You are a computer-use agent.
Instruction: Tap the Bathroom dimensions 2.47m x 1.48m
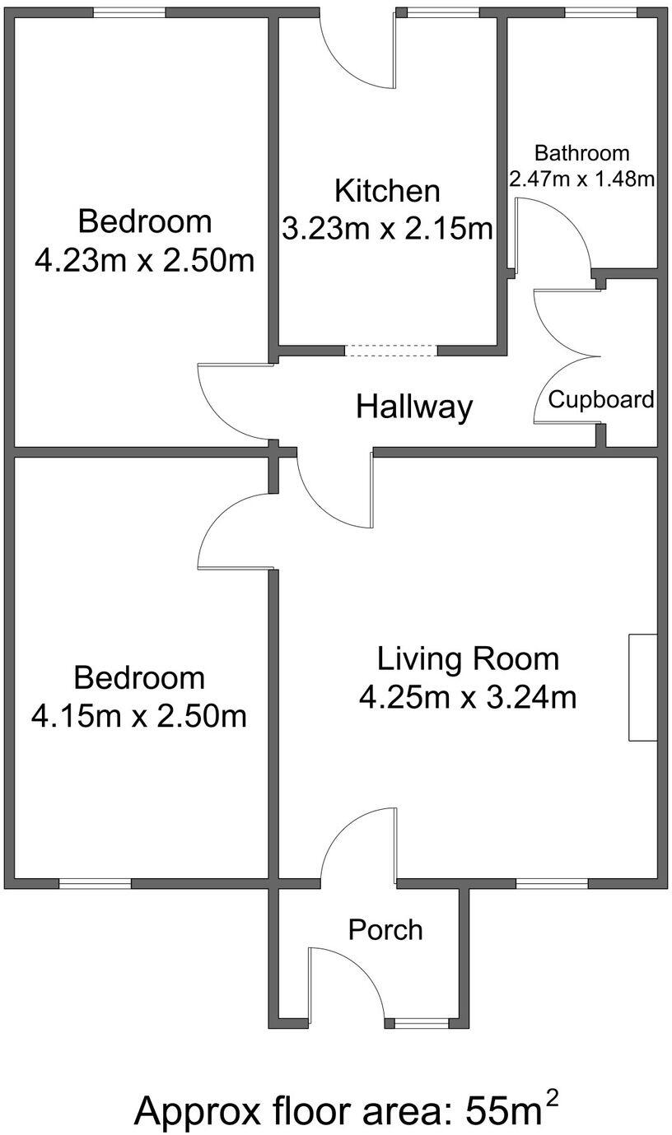coord(581,179)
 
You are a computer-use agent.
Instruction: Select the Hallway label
coord(414,407)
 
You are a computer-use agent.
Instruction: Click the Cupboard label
coord(601,400)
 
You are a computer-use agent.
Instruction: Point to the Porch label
coord(385,930)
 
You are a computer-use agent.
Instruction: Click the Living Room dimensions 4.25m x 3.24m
coord(467,697)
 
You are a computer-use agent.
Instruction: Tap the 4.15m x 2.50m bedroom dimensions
coord(139,715)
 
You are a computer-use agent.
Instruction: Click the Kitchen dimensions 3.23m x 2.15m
coord(387,229)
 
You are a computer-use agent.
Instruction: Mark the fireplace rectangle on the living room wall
coord(642,687)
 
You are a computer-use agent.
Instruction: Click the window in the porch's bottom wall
coord(421,1023)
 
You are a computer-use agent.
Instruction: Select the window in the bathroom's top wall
coord(600,12)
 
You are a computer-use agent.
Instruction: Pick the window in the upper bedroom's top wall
coord(128,12)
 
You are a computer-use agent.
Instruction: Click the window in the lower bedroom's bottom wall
coord(95,884)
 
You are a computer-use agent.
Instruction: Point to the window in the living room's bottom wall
coord(552,884)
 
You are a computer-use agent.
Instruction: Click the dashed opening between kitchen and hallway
coord(390,351)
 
